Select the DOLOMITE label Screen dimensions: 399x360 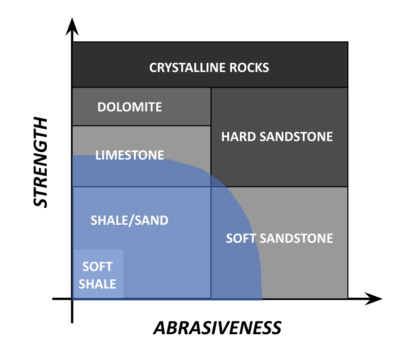(129, 107)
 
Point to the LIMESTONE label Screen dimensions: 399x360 (129, 155)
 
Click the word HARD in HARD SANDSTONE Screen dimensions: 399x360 (237, 136)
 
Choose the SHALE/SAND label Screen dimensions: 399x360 (129, 220)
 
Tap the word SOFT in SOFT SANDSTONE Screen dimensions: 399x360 (241, 238)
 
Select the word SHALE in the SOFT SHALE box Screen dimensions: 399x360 (97, 284)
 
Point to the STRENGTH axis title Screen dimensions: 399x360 (41, 162)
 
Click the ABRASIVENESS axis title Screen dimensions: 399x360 (218, 328)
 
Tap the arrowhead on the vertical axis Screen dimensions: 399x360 (72, 25)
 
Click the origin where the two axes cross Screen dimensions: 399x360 (72, 299)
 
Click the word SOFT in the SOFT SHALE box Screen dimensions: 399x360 (97, 267)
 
